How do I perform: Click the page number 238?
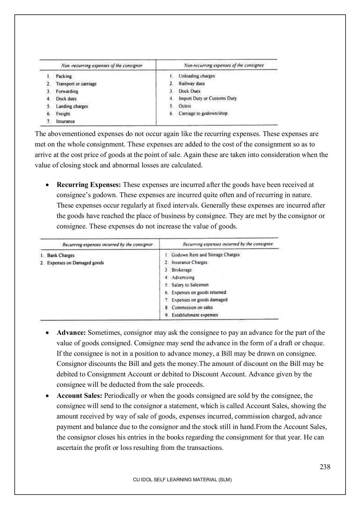(325, 467)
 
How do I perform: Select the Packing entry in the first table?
(64, 76)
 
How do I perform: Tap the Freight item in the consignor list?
(63, 114)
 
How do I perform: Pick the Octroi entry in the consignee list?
(185, 106)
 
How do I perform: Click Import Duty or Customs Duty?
(207, 98)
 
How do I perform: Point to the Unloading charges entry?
(196, 76)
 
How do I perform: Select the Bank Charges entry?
(61, 255)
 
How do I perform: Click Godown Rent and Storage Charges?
(205, 255)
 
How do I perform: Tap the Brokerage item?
(181, 270)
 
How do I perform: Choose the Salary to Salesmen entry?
(190, 285)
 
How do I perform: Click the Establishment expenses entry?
(195, 315)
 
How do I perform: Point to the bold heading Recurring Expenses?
(89, 185)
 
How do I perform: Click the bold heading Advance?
(71, 333)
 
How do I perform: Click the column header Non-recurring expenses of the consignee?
(224, 65)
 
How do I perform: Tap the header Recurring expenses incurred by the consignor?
(107, 245)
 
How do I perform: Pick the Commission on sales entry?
(192, 308)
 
